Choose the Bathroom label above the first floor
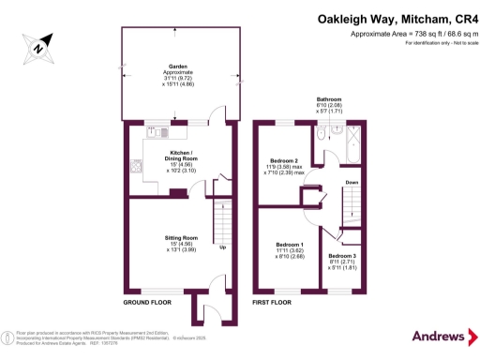(328, 99)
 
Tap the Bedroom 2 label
(283, 160)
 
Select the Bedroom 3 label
(341, 256)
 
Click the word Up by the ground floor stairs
(223, 248)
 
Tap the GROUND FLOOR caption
(147, 304)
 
